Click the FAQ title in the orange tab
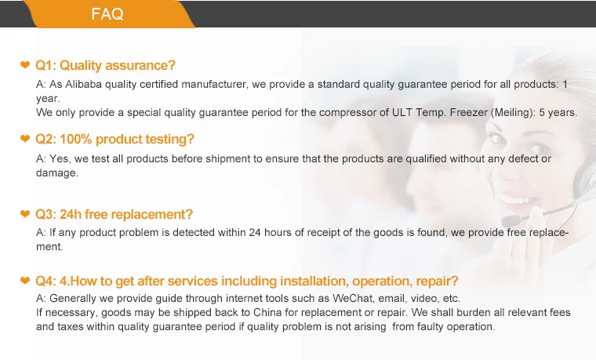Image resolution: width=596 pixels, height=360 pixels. point(107,14)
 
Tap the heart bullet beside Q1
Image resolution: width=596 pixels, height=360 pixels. point(25,65)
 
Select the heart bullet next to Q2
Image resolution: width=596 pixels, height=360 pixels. point(25,139)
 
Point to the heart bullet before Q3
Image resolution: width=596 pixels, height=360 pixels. point(25,214)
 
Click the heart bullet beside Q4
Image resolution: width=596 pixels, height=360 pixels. point(25,281)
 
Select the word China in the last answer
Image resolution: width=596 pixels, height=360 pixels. point(267,312)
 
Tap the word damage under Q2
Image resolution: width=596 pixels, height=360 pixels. point(57,173)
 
